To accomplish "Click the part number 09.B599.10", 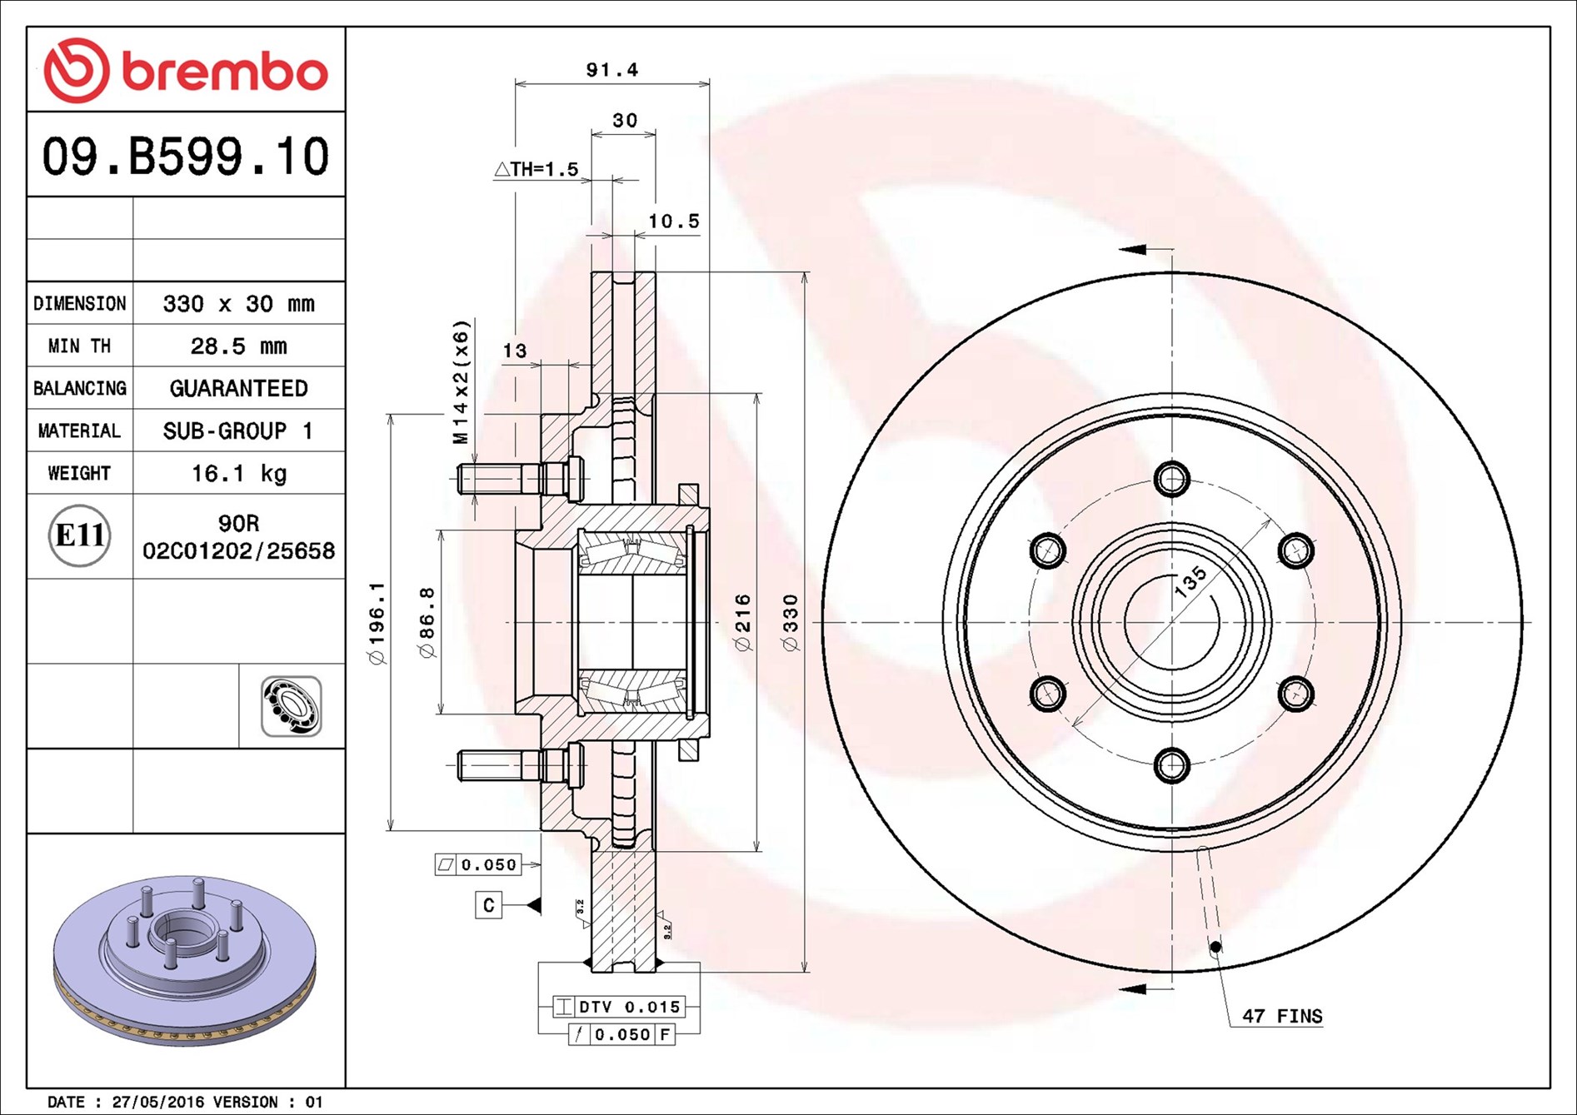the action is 186,156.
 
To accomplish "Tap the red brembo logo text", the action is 225,72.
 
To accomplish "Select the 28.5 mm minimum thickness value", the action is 238,346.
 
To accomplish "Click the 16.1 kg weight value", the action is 238,473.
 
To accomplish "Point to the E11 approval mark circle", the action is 79,535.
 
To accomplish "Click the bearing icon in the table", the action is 291,706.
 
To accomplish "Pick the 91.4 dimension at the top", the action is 611,70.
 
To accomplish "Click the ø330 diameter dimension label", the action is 790,622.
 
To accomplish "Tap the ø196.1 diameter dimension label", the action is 377,622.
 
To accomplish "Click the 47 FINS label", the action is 1281,1016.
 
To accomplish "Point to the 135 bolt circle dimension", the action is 1190,581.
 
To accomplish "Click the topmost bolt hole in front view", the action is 1172,479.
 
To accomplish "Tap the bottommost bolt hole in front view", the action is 1172,764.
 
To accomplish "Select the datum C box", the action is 488,905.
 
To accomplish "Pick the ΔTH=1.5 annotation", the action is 536,169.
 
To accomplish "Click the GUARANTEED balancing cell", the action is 238,388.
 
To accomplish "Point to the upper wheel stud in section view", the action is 500,479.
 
